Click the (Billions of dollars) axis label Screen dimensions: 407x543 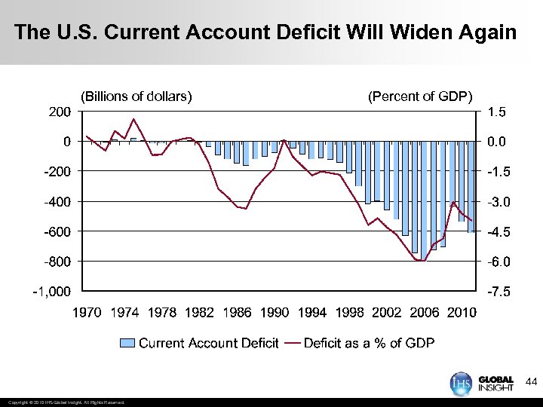point(136,96)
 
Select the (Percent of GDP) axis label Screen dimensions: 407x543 point(420,96)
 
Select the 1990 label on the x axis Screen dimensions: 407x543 point(275,313)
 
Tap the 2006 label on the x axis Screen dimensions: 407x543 point(424,313)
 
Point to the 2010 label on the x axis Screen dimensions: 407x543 point(461,313)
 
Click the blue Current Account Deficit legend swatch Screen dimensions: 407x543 point(127,344)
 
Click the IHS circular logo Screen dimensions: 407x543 point(459,383)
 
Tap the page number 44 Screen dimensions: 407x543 point(530,382)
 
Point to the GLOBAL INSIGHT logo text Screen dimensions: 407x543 point(495,384)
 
